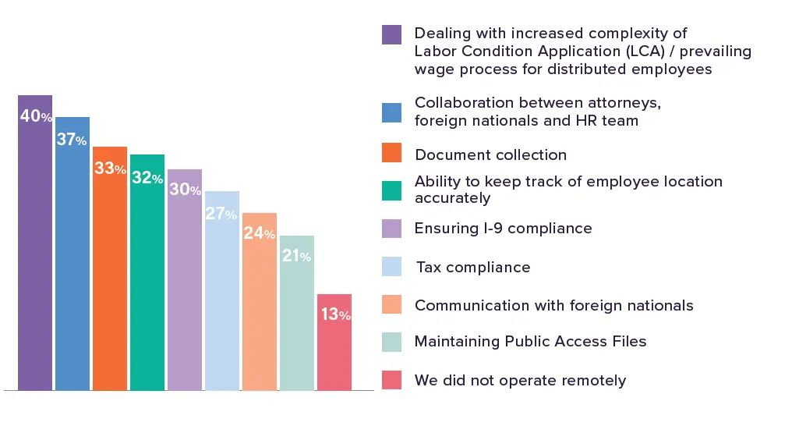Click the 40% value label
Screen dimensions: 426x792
click(x=36, y=117)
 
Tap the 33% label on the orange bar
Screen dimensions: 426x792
click(x=110, y=169)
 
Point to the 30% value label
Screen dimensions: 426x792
click(x=185, y=190)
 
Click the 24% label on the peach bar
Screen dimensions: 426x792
click(x=260, y=234)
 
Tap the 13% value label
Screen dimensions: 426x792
click(x=334, y=315)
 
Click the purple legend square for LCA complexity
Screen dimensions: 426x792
click(x=392, y=35)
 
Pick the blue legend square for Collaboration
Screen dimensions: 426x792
click(x=392, y=112)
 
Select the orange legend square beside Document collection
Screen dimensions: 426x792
click(x=392, y=153)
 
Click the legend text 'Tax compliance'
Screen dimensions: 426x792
click(x=473, y=268)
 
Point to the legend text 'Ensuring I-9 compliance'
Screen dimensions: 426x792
click(x=504, y=229)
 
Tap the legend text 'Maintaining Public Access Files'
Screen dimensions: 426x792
click(x=531, y=342)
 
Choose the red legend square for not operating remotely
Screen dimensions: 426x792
click(x=392, y=380)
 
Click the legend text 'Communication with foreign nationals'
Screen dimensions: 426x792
click(x=554, y=306)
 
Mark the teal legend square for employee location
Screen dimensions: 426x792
click(x=392, y=190)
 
